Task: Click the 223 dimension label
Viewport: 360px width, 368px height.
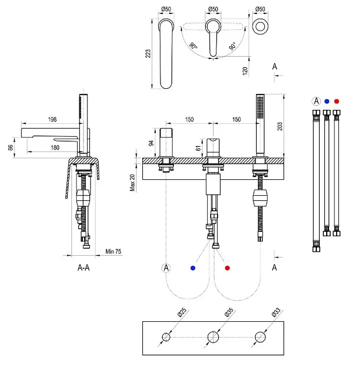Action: click(148, 54)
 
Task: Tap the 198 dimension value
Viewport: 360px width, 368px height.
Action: click(53, 120)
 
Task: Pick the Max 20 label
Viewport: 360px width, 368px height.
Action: click(132, 182)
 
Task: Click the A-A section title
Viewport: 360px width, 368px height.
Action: click(84, 268)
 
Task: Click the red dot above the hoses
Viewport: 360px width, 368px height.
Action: click(337, 101)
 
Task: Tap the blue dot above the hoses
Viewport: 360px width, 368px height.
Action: click(327, 101)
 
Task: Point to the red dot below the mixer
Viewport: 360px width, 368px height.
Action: click(228, 268)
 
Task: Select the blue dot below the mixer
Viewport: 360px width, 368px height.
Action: click(193, 268)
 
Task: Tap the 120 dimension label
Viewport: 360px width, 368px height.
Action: click(245, 70)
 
